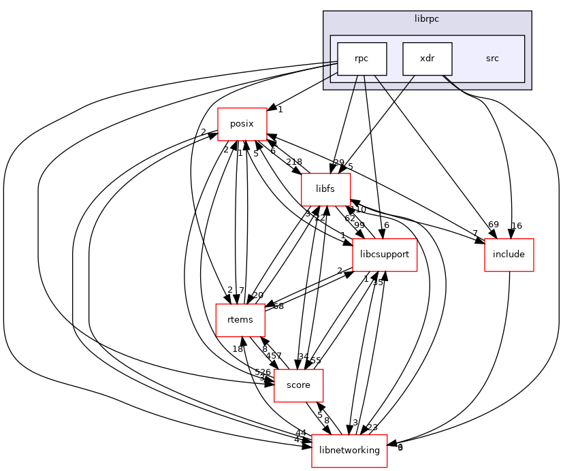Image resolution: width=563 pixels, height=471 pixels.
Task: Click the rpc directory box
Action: [x=362, y=59]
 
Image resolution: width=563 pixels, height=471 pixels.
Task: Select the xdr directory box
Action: [x=427, y=59]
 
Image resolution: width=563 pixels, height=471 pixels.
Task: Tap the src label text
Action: [x=492, y=59]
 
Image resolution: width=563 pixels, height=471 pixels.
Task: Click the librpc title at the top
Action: [x=427, y=18]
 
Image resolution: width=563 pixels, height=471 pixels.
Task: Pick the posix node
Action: [x=242, y=124]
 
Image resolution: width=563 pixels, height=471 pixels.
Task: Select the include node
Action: [x=508, y=255]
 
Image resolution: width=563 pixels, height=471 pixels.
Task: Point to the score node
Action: [x=297, y=385]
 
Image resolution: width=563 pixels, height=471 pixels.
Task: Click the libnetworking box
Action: [x=349, y=451]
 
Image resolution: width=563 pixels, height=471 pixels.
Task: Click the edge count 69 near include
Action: [x=494, y=225]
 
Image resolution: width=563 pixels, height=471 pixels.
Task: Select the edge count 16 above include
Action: [x=517, y=225]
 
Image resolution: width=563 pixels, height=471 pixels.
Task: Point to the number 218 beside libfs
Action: [x=294, y=162]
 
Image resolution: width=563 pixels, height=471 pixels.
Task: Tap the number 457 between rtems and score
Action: [x=274, y=356]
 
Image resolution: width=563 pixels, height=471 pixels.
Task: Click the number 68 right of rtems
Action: [x=278, y=306]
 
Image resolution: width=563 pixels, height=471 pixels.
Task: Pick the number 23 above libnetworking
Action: [x=372, y=428]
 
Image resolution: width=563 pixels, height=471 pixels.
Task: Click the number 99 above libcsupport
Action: [x=359, y=225]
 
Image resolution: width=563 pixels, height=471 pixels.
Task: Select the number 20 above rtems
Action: [x=258, y=295]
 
